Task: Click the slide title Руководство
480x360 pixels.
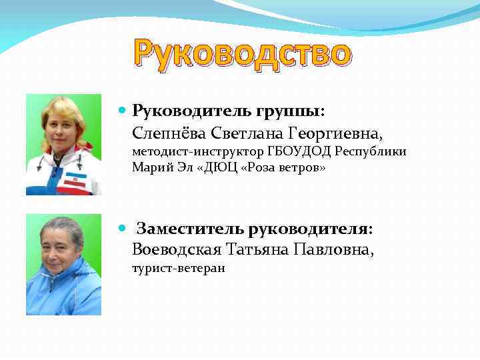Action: tap(241, 54)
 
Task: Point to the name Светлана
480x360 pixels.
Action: tap(243, 131)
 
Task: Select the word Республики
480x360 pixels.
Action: tap(370, 152)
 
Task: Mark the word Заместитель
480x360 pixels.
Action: tap(190, 229)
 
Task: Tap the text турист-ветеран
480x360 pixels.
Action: tap(179, 269)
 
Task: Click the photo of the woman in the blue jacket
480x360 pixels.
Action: tap(63, 265)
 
